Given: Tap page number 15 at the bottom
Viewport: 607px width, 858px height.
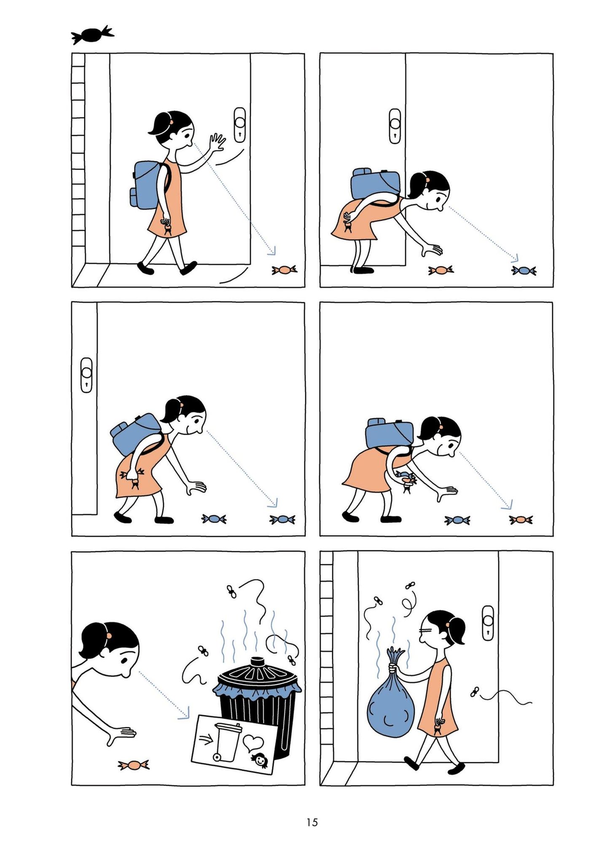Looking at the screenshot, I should click(x=312, y=822).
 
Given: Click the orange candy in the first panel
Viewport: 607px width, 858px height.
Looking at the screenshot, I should click(x=285, y=269).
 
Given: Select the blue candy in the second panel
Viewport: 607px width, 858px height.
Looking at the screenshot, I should click(x=524, y=271).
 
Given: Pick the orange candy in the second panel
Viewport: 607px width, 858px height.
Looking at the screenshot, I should click(x=441, y=270).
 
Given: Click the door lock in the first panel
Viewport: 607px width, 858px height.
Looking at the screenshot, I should click(x=239, y=125).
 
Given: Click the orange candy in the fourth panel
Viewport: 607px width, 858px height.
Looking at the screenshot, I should click(x=521, y=520).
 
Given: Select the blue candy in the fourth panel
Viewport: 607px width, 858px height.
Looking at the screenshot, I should click(x=457, y=520).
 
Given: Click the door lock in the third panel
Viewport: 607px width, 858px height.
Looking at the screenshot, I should click(x=87, y=375).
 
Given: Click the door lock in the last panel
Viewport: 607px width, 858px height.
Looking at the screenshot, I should click(x=488, y=623).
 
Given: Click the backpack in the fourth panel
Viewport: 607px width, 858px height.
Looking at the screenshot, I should click(x=389, y=434).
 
